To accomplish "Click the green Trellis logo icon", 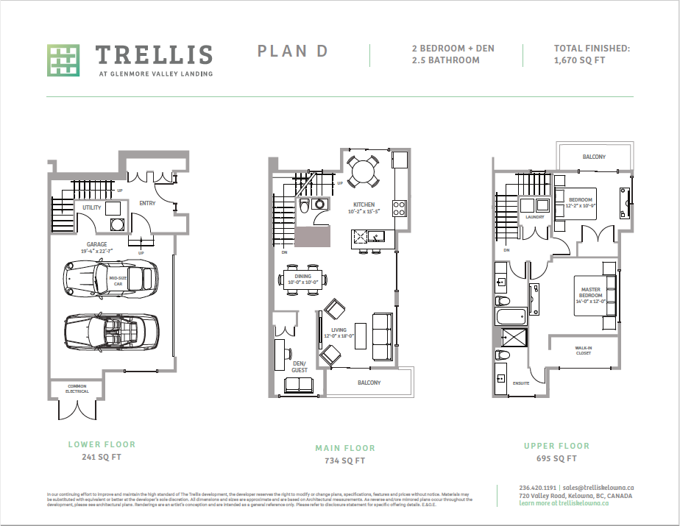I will pos(63,60).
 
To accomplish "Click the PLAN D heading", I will pos(292,51).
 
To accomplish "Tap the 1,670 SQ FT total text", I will pos(579,60).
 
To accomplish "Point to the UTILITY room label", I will pos(92,207).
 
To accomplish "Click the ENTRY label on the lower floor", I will pos(147,203).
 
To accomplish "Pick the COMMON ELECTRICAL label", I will pos(77,388).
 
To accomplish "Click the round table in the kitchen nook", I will pos(363,171).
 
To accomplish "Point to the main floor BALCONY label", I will pos(369,383).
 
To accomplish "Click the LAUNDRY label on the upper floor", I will pos(535,217).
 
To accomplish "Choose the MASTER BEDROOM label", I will pos(590,292).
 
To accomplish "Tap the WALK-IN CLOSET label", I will pos(584,350).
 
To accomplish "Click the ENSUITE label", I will pos(520,383).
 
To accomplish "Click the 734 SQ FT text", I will pos(344,461).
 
